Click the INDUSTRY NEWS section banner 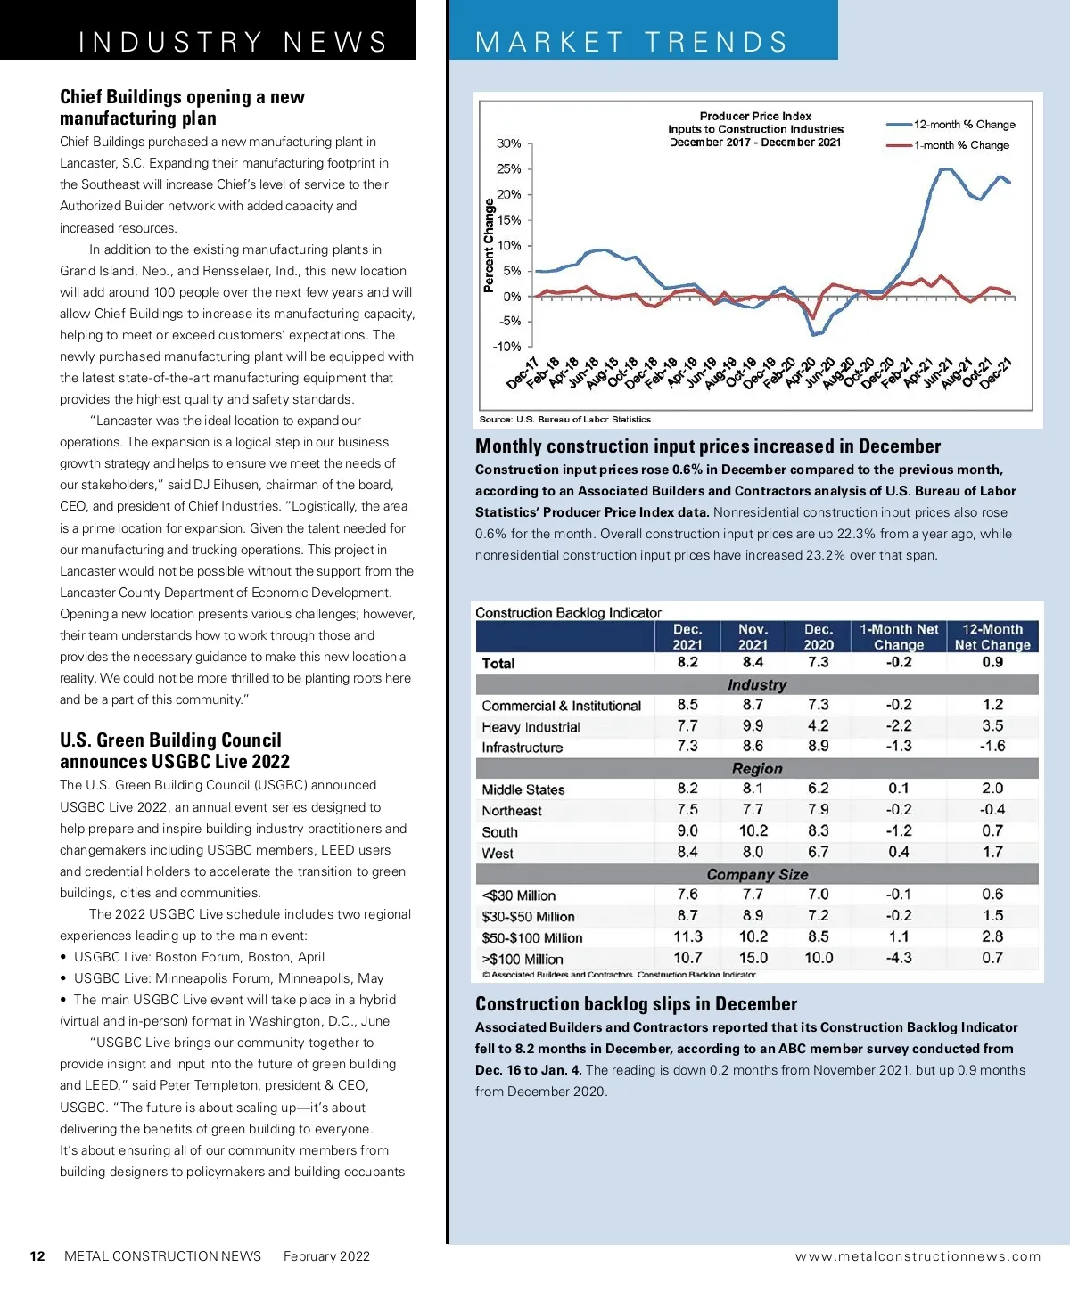tap(233, 42)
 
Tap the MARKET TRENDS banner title tap(631, 42)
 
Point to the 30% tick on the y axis tap(509, 143)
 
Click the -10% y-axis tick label tap(507, 347)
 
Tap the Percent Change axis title tap(489, 246)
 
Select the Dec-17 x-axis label tap(523, 372)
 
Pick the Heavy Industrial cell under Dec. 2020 tap(818, 726)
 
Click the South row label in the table tap(499, 832)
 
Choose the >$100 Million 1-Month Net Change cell tap(898, 958)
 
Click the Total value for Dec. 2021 tap(687, 662)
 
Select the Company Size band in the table tap(757, 875)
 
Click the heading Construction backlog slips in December tap(636, 1004)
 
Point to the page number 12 tap(37, 1256)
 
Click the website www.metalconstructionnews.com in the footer tap(918, 1256)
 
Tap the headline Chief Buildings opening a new tap(182, 97)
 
